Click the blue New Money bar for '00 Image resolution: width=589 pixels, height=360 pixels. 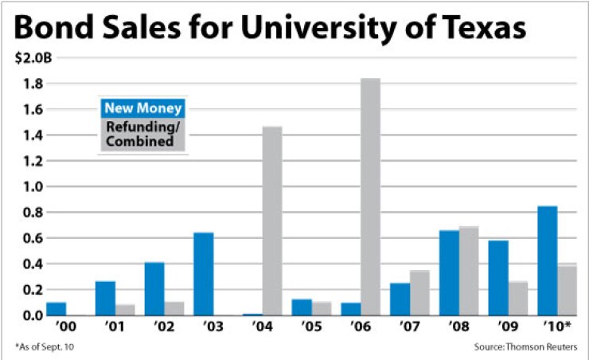[x=57, y=308]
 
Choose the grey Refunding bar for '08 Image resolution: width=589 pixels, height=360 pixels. [x=469, y=271]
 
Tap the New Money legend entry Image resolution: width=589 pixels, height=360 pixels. [x=144, y=108]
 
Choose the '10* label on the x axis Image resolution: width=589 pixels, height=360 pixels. [x=557, y=327]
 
